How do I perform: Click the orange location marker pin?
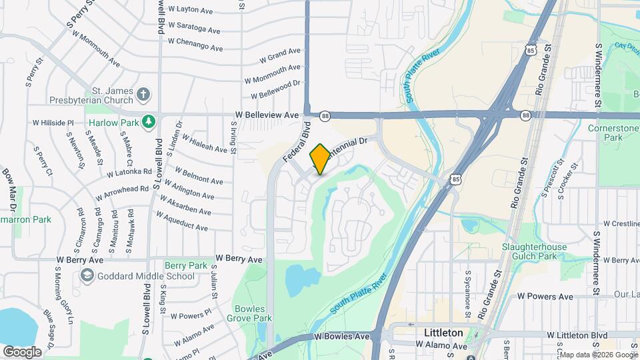coord(320,159)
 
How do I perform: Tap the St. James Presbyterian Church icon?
coord(143,94)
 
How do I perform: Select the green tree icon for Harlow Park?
coord(150,121)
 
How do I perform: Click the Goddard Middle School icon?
coord(87,276)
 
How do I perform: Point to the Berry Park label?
coord(186,265)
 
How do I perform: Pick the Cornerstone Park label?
coord(613,133)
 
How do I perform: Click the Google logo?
coord(22,351)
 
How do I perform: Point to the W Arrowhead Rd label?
coord(122,193)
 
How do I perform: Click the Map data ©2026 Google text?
coord(597,354)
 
